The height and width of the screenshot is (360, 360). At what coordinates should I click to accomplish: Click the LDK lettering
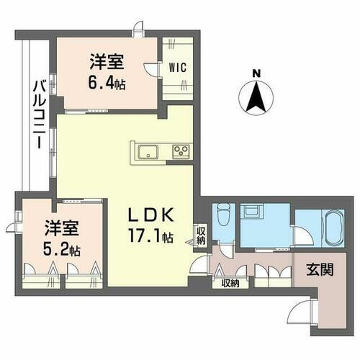[x=151, y=215]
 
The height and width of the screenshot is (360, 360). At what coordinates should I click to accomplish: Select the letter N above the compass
[x=256, y=73]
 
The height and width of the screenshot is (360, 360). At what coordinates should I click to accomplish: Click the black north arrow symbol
[x=256, y=97]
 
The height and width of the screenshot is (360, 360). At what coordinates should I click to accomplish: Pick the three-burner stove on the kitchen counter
[x=179, y=151]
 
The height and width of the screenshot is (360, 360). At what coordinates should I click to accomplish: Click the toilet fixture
[x=223, y=213]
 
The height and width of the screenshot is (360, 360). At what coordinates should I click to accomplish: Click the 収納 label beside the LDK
[x=200, y=235]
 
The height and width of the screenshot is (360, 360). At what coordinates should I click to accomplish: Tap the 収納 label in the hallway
[x=230, y=283]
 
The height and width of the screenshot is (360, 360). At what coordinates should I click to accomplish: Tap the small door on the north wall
[x=135, y=30]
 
